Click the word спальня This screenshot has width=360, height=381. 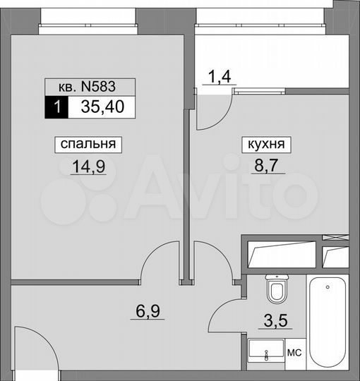click(88, 145)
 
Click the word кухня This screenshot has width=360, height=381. click(267, 145)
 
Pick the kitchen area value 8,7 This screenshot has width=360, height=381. click(267, 167)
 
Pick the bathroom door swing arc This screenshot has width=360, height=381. click(227, 314)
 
